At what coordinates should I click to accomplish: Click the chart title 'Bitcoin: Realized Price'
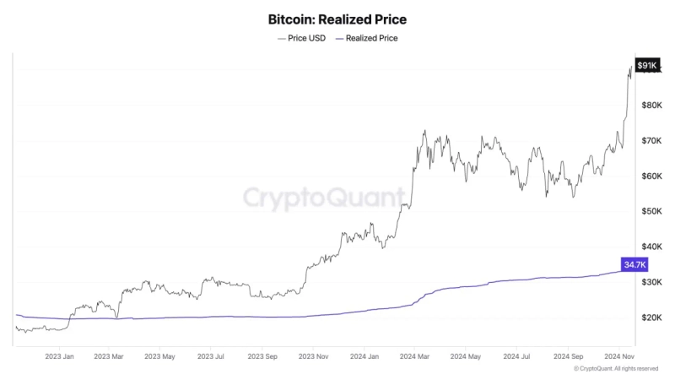click(x=337, y=18)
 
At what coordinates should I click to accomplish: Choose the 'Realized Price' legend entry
click(x=367, y=38)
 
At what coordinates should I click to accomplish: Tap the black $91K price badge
click(x=648, y=65)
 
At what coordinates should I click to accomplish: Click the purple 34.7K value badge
click(x=634, y=264)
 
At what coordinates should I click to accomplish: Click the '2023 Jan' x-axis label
click(x=60, y=356)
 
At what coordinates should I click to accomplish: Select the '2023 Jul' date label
click(x=210, y=356)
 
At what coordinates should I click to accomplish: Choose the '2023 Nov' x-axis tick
click(x=311, y=356)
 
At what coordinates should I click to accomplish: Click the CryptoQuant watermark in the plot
click(x=324, y=198)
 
